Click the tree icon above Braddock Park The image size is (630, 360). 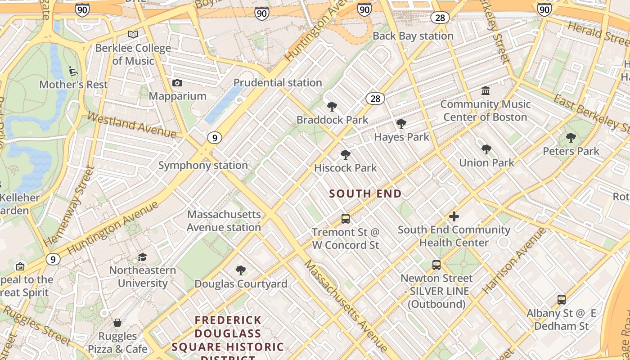332,107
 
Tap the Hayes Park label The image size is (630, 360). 401,137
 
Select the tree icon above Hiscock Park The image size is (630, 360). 346,155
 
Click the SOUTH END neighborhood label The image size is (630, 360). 365,194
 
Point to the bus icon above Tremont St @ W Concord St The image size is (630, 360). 346,219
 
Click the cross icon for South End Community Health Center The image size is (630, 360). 454,216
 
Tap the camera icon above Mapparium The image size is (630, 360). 177,83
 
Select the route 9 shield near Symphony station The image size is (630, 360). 215,138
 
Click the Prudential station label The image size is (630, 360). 278,83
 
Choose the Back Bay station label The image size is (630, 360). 413,36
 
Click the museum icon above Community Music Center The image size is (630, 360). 486,91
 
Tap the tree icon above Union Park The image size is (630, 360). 486,149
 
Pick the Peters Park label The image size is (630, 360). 571,151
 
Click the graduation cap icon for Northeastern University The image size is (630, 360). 143,257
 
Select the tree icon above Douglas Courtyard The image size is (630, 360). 241,270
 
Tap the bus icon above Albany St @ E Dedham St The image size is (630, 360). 561,299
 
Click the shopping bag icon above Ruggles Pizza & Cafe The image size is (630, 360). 117,323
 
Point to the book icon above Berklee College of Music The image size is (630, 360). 133,34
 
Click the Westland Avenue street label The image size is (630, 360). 131,125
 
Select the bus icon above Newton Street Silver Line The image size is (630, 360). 436,265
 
